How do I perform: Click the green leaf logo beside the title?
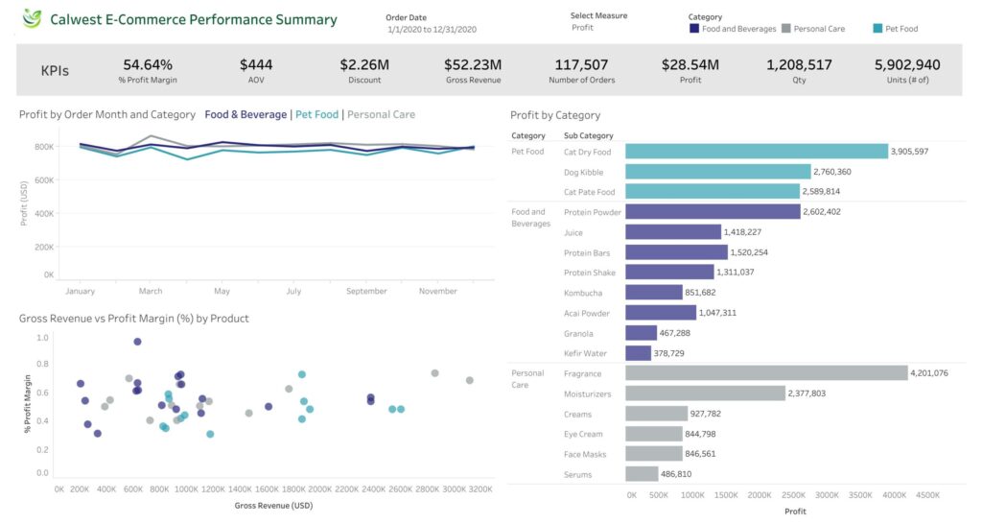pos(33,19)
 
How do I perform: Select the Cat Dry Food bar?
pos(756,152)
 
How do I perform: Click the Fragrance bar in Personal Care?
pos(765,373)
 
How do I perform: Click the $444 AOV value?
pos(256,65)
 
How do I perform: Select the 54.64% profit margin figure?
pos(148,65)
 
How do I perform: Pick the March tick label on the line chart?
pos(151,291)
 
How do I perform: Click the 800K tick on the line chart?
pos(44,147)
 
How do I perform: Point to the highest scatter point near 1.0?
pos(137,342)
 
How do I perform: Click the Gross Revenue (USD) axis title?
pos(273,505)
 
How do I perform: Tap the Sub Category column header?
pos(589,136)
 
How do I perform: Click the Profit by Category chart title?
pos(555,115)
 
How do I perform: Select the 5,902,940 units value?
pos(907,65)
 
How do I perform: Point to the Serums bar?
pos(642,474)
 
